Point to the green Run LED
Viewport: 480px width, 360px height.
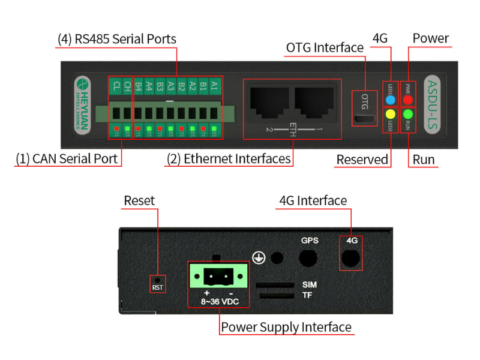[x=409, y=114]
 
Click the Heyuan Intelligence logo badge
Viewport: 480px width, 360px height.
[x=82, y=104]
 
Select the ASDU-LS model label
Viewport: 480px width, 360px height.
[x=433, y=104]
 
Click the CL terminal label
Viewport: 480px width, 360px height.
[x=116, y=86]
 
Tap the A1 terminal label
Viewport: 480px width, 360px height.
[x=214, y=86]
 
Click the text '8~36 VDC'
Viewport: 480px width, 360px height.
[x=218, y=301]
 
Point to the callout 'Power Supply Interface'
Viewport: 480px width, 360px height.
[x=286, y=327]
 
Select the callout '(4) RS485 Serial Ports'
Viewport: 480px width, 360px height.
[x=117, y=39]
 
